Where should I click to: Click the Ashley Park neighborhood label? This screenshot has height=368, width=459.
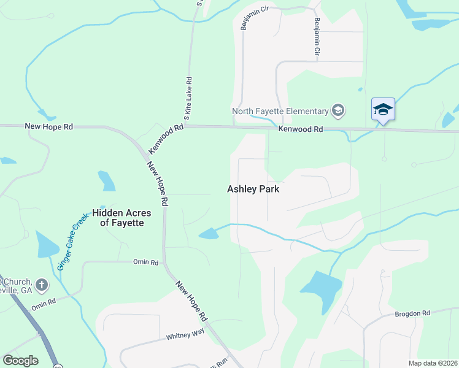[x=253, y=189]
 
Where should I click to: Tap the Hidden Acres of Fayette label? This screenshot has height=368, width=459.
[x=122, y=218]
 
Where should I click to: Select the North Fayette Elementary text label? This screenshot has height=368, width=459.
[x=280, y=111]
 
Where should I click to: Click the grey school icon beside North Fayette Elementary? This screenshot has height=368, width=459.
[x=337, y=111]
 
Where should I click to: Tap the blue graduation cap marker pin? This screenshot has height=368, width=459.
[x=383, y=110]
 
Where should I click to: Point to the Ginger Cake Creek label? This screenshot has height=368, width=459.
[x=73, y=240]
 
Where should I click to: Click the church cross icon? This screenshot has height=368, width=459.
[x=41, y=285]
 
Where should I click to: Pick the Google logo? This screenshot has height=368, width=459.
[x=20, y=360]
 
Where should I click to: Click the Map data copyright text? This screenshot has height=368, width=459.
[x=433, y=363]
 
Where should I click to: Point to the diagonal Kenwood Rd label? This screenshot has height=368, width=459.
[x=166, y=139]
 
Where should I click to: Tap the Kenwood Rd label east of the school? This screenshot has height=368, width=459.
[x=300, y=129]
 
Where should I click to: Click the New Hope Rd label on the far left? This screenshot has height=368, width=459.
[x=48, y=126]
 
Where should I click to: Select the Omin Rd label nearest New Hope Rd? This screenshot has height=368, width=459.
[x=145, y=262]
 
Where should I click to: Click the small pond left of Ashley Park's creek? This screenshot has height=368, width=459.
[x=209, y=233]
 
